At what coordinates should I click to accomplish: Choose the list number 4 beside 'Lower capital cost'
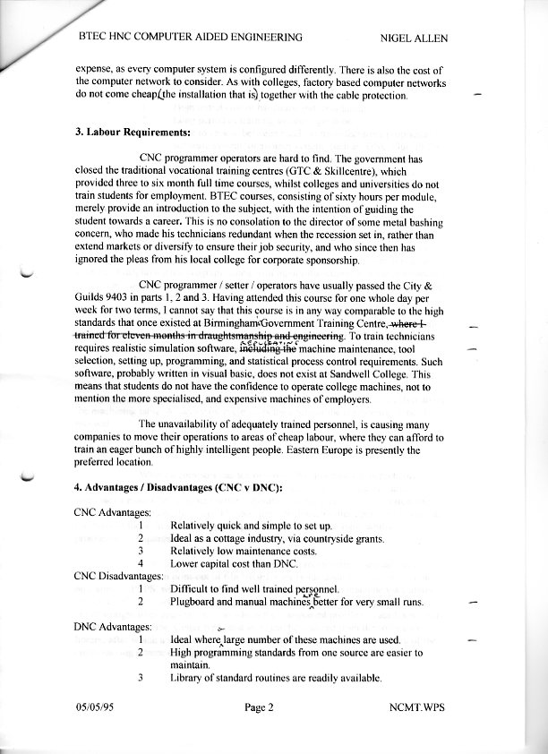(141, 564)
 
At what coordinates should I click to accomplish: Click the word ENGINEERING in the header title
(263, 38)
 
